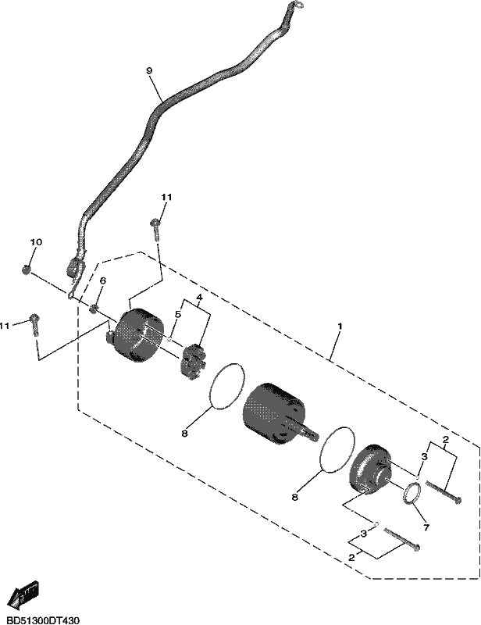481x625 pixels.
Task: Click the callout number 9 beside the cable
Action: pyautogui.click(x=149, y=71)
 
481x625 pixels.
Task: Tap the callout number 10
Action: pyautogui.click(x=36, y=242)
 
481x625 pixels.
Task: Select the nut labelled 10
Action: pyautogui.click(x=27, y=270)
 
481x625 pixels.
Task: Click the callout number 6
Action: pyautogui.click(x=102, y=280)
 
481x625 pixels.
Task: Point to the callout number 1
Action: pyautogui.click(x=340, y=326)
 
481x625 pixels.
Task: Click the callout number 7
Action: pyautogui.click(x=426, y=527)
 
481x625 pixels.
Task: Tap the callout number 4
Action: pyautogui.click(x=199, y=298)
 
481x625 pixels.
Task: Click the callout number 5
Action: pyautogui.click(x=178, y=314)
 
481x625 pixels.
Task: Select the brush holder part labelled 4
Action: pyautogui.click(x=193, y=360)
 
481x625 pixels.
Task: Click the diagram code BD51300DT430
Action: pyautogui.click(x=40, y=620)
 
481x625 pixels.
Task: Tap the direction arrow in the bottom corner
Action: pyautogui.click(x=23, y=595)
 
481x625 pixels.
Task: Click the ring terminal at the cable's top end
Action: pyautogui.click(x=294, y=5)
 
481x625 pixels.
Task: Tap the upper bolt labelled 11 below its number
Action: pyautogui.click(x=155, y=230)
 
